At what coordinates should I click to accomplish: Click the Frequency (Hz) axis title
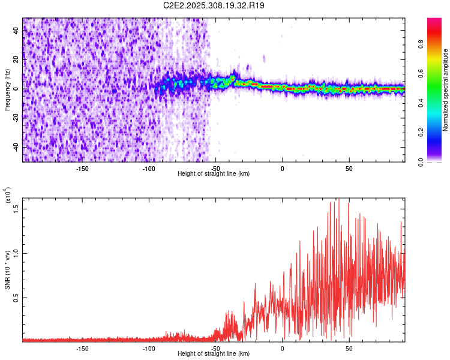pos(7,90)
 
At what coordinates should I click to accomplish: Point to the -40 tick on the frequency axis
pos(16,147)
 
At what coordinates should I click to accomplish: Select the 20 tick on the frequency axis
pos(16,60)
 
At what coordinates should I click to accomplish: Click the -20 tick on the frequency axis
pos(16,118)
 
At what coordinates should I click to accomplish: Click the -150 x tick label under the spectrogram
pos(83,168)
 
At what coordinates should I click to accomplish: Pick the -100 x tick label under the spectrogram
pos(149,168)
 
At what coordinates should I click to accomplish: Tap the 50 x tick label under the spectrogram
pos(349,168)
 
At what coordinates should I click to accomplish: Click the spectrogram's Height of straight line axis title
pos(214,174)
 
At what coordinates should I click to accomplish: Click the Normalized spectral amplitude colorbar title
pos(445,90)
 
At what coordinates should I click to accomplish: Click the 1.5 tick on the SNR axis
pos(16,208)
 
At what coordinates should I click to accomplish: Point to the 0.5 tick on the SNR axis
pos(16,298)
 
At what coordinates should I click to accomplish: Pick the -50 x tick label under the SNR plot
pos(215,348)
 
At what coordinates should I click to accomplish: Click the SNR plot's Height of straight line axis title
pos(214,354)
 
